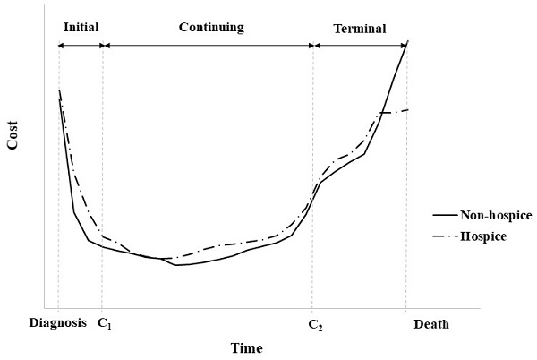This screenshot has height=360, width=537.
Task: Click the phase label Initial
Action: click(x=80, y=28)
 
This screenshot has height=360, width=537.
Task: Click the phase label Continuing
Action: click(x=210, y=28)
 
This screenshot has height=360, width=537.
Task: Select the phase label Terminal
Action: click(x=360, y=29)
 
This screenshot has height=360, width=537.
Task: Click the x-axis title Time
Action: click(x=246, y=348)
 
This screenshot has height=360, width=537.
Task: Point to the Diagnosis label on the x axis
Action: click(x=58, y=323)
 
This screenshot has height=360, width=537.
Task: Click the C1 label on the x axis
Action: click(x=104, y=323)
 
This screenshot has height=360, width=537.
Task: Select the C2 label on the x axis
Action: click(x=314, y=323)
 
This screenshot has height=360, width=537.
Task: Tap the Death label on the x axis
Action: click(x=431, y=323)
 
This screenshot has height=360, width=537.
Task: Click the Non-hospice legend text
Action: click(x=496, y=216)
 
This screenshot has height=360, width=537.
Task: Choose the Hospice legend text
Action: click(x=483, y=236)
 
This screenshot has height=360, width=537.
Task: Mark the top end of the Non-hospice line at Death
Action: click(x=407, y=41)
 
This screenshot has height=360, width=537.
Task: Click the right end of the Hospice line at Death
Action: click(x=407, y=110)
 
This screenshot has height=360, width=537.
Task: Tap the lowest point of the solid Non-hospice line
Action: click(x=177, y=265)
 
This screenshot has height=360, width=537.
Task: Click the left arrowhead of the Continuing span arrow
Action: click(x=106, y=44)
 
